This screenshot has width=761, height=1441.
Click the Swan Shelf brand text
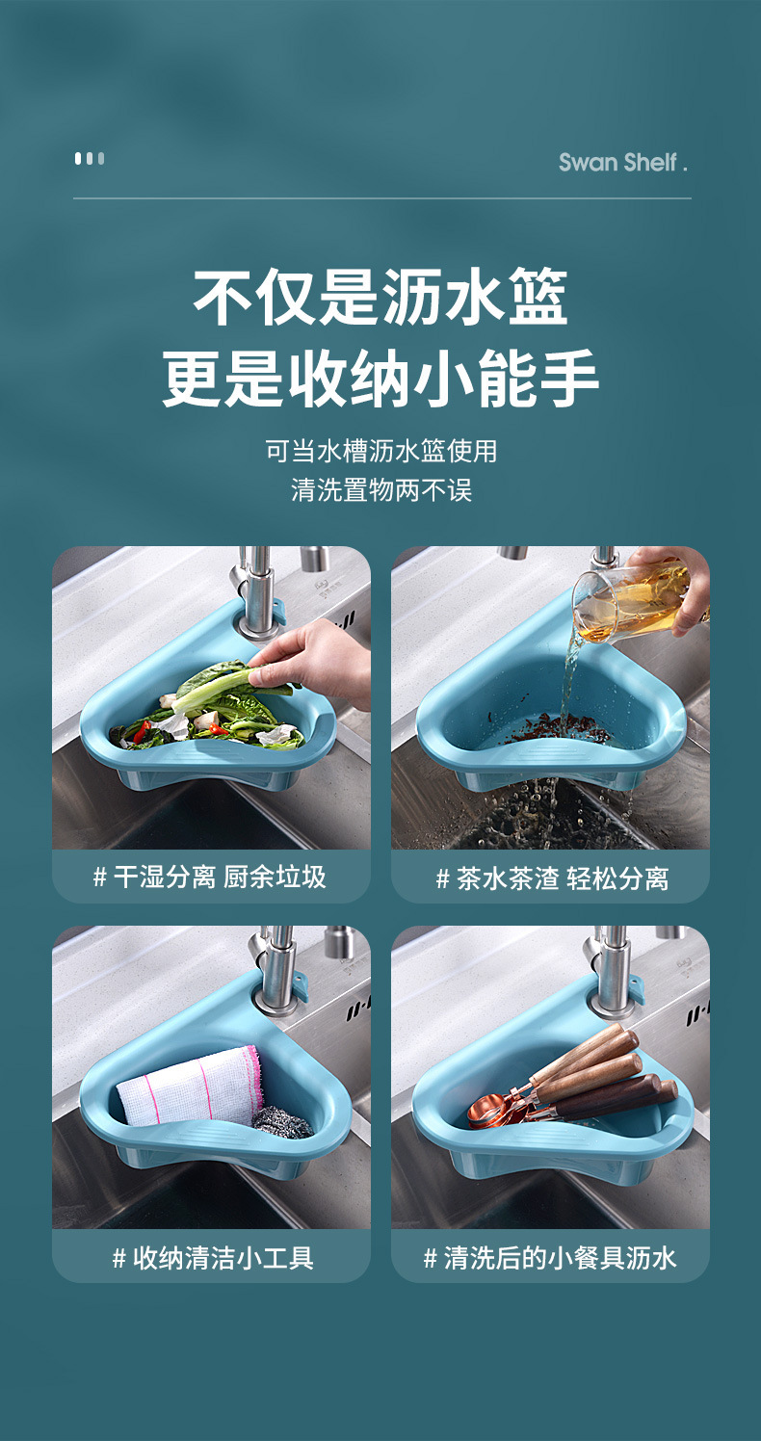point(622,162)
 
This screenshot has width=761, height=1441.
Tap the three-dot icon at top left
point(90,159)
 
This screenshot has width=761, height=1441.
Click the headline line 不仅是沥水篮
point(380,297)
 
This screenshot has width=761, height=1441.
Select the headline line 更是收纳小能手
point(380,379)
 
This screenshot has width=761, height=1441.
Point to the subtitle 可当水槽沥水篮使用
point(380,451)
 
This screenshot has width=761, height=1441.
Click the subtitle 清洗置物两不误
point(380,490)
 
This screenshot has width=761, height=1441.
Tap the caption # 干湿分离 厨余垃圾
point(210,877)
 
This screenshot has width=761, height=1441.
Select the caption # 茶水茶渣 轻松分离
point(551,878)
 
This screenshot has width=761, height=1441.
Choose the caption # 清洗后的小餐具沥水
point(550,1257)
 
